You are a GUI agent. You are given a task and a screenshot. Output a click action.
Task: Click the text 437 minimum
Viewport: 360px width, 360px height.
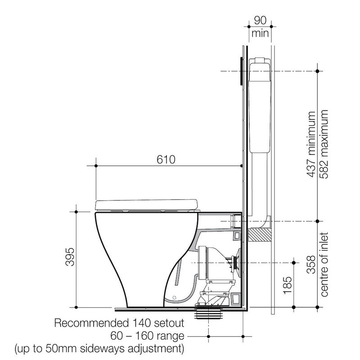coord(311,144)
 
